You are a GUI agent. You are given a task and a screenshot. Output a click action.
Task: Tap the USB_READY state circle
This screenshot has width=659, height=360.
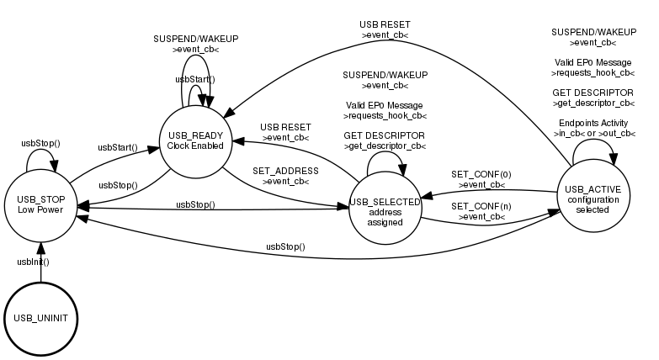195,140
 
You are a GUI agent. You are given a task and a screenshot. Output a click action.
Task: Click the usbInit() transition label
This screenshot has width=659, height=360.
34,262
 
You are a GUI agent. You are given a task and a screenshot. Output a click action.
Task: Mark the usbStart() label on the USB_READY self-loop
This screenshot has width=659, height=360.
195,79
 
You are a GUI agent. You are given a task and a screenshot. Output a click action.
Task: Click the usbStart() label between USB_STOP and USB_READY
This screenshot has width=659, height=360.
118,147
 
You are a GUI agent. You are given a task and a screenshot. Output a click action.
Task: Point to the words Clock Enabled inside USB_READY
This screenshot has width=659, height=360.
195,146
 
